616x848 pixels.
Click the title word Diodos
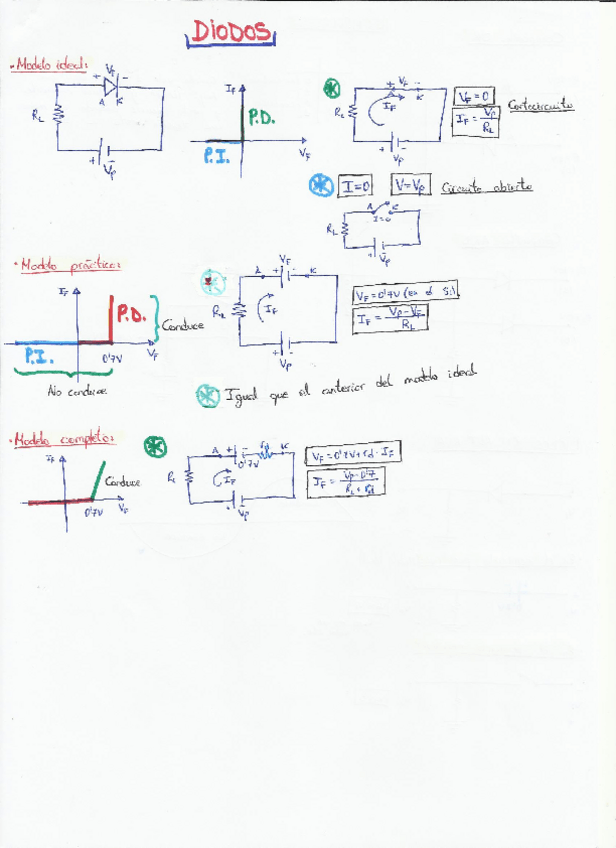[x=229, y=34]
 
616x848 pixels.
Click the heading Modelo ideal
[x=51, y=64]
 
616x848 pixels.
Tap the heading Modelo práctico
[x=69, y=266]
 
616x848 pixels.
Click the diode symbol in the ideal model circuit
[x=111, y=85]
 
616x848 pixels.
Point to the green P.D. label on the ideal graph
[x=262, y=117]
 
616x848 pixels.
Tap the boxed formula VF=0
[x=474, y=96]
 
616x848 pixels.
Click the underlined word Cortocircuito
[x=540, y=104]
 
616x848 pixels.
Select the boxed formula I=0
[x=355, y=186]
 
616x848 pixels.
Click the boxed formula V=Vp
[x=411, y=186]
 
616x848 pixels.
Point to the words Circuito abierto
[x=486, y=187]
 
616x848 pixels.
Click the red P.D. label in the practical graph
[x=130, y=315]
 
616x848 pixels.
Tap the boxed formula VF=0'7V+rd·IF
[x=352, y=454]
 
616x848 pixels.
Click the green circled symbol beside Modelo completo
[x=155, y=447]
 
